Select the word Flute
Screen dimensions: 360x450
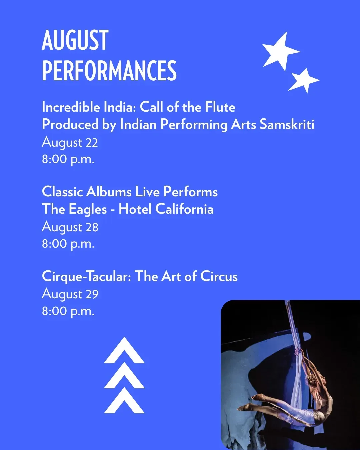[220, 107]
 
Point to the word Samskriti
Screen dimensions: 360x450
[287, 125]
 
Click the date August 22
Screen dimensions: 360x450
[70, 143]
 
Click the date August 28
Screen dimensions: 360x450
[70, 228]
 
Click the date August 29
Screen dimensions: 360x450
[70, 295]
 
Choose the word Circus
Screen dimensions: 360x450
[219, 276]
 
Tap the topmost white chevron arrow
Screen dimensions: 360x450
[124, 350]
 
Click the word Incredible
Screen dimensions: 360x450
[71, 107]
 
